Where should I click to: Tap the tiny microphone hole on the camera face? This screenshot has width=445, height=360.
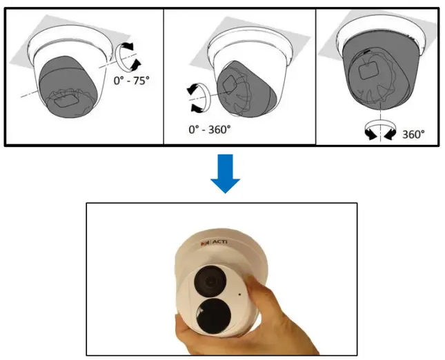tap(239, 292)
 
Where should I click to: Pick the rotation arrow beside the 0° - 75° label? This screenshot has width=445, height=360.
tap(126, 56)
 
